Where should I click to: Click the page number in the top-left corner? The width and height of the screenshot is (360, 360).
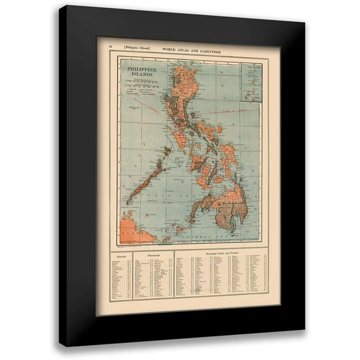[111, 48]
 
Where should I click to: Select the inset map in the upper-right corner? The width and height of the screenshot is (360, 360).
[251, 82]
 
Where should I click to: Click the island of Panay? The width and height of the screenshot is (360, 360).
[197, 163]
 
